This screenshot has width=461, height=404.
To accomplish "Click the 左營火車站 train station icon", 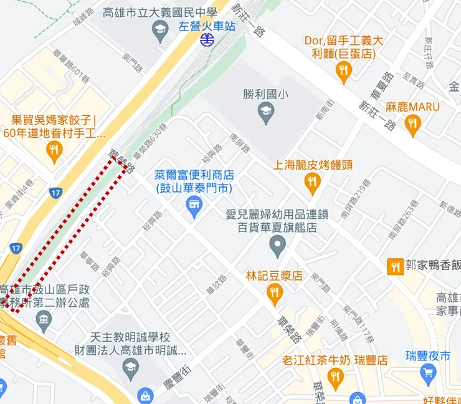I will [x=207, y=41].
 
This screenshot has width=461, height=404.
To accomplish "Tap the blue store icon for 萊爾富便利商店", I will [x=195, y=207].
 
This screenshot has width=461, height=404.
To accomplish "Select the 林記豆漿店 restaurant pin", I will [x=274, y=294].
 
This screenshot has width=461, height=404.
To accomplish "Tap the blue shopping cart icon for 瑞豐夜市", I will [x=427, y=373].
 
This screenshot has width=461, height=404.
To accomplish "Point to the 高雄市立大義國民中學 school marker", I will [x=161, y=31].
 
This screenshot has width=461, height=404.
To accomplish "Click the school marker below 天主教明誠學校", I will [x=130, y=368].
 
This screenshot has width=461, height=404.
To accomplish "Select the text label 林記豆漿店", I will [x=274, y=275].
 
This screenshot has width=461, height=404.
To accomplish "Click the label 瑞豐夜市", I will [x=427, y=356].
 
